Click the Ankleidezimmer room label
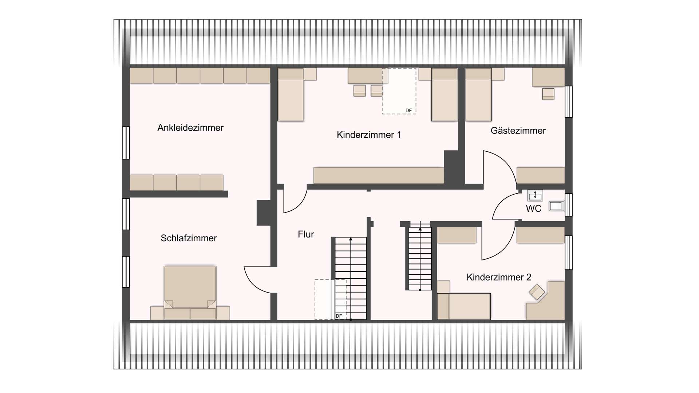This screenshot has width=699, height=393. click(x=190, y=128)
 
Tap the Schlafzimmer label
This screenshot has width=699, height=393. click(x=189, y=238)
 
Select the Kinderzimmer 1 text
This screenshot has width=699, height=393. click(x=369, y=135)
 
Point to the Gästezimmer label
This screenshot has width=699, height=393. click(x=518, y=131)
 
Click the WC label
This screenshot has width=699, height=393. click(x=533, y=209)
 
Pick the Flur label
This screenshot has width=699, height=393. click(x=306, y=234)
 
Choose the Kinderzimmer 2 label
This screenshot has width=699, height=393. click(x=499, y=277)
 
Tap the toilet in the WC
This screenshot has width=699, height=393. click(x=556, y=206)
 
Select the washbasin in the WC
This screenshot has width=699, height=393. click(x=535, y=196)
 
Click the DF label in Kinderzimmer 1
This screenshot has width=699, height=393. click(x=408, y=111)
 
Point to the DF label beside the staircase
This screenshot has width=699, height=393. click(x=339, y=316)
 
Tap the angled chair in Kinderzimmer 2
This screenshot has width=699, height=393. click(x=537, y=292)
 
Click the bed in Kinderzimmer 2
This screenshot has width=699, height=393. click(x=464, y=306)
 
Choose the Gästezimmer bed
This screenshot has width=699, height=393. click(x=478, y=95)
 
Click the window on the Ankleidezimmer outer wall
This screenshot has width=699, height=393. click(x=126, y=143)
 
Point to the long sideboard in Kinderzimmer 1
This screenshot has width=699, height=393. click(x=379, y=175)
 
